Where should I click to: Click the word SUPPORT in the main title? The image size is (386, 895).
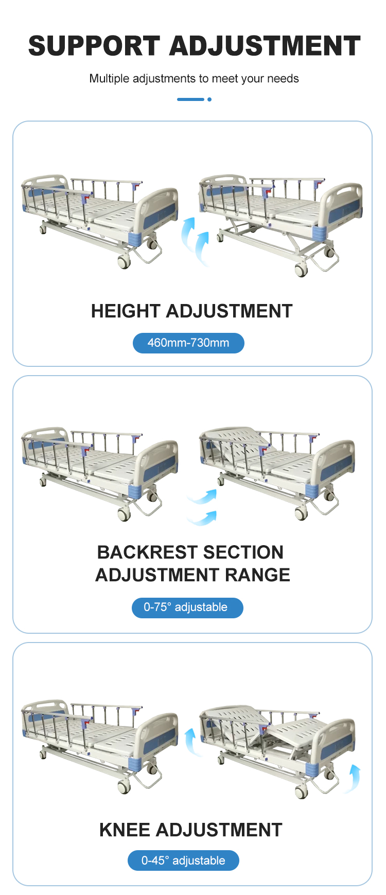click(x=94, y=46)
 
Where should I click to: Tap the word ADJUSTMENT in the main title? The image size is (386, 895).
click(x=265, y=46)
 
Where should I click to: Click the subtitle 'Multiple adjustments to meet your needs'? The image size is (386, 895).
click(x=194, y=78)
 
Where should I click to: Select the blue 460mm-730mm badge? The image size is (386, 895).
click(x=188, y=343)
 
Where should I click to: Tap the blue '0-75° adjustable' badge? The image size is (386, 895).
click(x=187, y=607)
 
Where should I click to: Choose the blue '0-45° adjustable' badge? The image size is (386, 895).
click(x=183, y=860)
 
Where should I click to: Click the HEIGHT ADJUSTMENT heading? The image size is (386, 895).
click(x=191, y=311)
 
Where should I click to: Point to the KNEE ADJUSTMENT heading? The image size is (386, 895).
click(x=191, y=830)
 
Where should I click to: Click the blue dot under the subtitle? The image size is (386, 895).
click(x=209, y=99)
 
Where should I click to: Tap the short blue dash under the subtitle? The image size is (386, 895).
click(x=190, y=99)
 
